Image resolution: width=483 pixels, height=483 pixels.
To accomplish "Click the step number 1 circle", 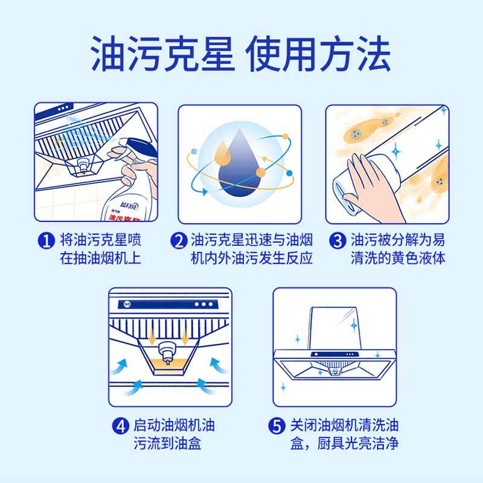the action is click(x=46, y=240).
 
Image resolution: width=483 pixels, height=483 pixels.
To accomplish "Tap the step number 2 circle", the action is click(x=179, y=240).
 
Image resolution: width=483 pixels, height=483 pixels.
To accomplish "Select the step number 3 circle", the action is click(x=338, y=240).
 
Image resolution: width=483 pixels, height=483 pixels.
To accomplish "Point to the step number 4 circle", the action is click(x=120, y=426).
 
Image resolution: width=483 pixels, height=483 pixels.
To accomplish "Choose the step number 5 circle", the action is click(x=277, y=426).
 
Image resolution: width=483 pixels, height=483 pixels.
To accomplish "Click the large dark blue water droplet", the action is click(x=239, y=167).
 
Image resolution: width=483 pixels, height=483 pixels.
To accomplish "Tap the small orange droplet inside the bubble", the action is click(x=222, y=153).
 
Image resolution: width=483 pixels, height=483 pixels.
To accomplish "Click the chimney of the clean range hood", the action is click(x=334, y=328).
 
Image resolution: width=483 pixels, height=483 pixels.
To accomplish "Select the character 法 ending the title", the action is click(x=374, y=54).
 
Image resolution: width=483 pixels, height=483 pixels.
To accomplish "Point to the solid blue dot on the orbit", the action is click(x=289, y=173).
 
